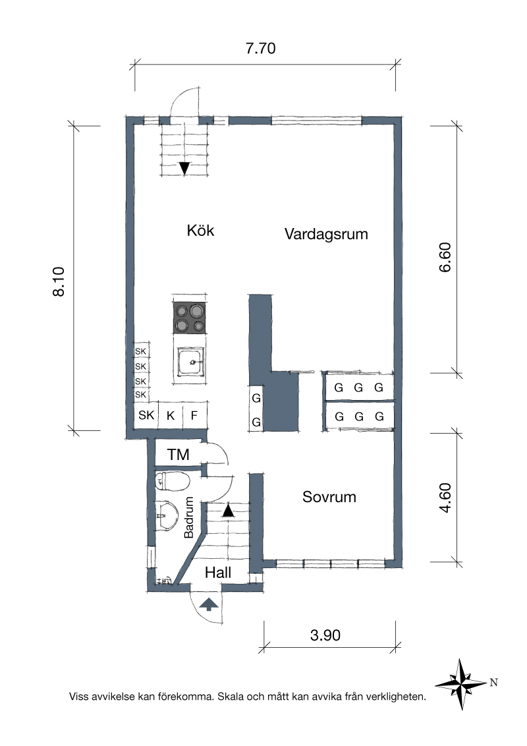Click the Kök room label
pyautogui.click(x=200, y=231)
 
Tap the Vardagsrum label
pyautogui.click(x=326, y=234)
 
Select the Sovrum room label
pyautogui.click(x=329, y=497)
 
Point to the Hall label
pyautogui.click(x=218, y=572)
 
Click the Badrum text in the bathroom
pyautogui.click(x=189, y=517)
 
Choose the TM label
pyautogui.click(x=179, y=455)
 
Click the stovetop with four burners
pyautogui.click(x=190, y=318)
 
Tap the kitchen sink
pyautogui.click(x=191, y=361)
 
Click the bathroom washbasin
pyautogui.click(x=167, y=514)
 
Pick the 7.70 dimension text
pyautogui.click(x=261, y=49)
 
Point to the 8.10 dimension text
pyautogui.click(x=59, y=281)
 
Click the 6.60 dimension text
pyautogui.click(x=445, y=258)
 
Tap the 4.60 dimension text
pyautogui.click(x=445, y=498)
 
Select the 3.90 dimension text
pyautogui.click(x=325, y=635)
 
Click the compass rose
pyautogui.click(x=460, y=684)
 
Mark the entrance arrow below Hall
pyautogui.click(x=209, y=604)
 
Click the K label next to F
pyautogui.click(x=170, y=416)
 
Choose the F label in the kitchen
pyautogui.click(x=194, y=416)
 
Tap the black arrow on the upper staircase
pyautogui.click(x=184, y=169)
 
